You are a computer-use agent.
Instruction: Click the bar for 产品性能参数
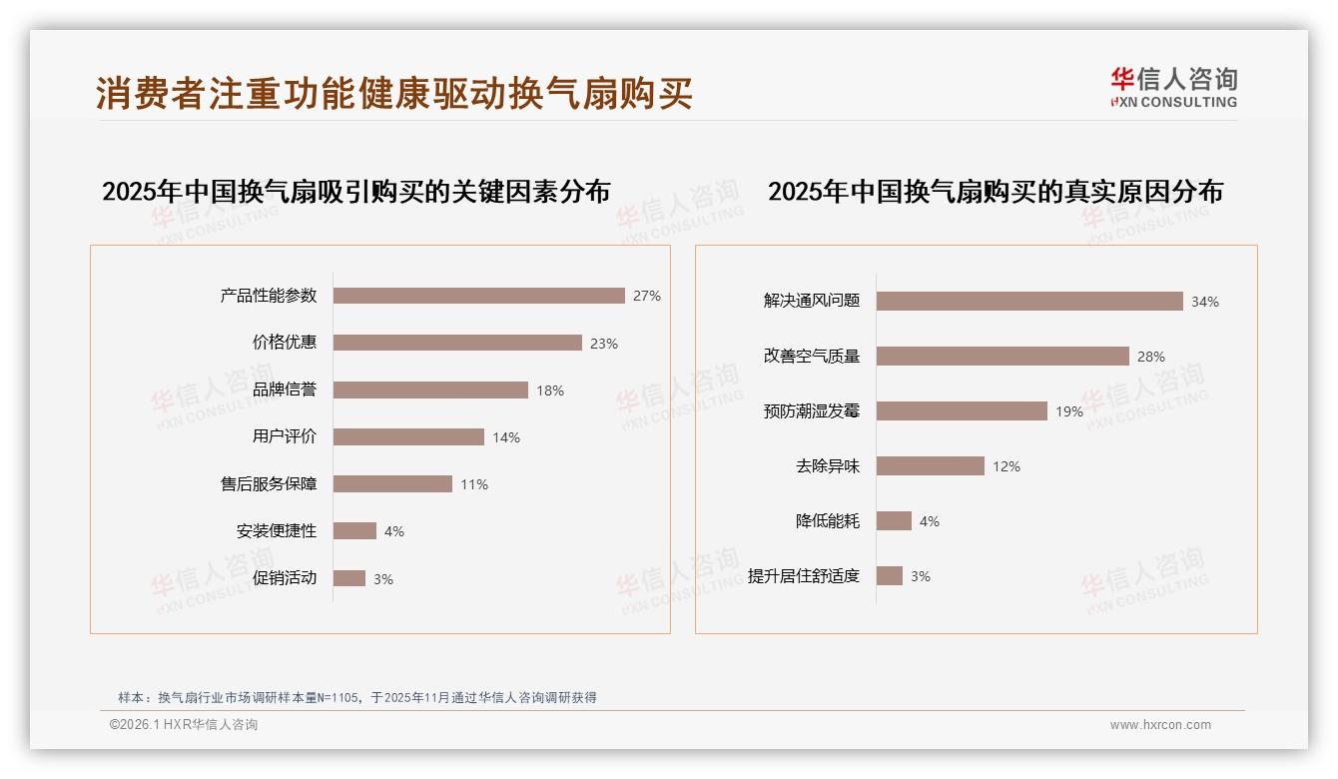click(478, 296)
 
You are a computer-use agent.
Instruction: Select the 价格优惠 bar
click(457, 343)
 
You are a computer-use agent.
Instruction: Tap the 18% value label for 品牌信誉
click(550, 390)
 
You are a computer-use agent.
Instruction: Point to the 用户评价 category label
click(285, 436)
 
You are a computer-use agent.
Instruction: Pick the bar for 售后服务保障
click(392, 484)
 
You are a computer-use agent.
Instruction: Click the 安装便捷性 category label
click(277, 531)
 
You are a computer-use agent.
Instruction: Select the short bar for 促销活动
click(349, 578)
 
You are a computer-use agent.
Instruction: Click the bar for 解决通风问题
click(1029, 301)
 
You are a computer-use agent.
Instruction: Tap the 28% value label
click(1151, 357)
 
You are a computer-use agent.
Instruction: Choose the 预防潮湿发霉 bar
click(962, 410)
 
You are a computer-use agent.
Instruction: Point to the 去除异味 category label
click(828, 465)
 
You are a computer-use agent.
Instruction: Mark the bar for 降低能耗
click(894, 520)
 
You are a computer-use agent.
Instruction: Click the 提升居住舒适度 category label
click(804, 575)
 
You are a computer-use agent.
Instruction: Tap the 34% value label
click(1205, 302)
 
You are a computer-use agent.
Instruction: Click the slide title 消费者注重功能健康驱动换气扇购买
click(394, 94)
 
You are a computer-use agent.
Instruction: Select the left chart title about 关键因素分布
click(355, 191)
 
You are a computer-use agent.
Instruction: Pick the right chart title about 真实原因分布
click(996, 191)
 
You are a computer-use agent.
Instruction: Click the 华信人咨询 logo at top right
click(1173, 87)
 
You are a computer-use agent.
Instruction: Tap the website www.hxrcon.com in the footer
click(1160, 725)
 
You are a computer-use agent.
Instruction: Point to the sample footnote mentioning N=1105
click(357, 697)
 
